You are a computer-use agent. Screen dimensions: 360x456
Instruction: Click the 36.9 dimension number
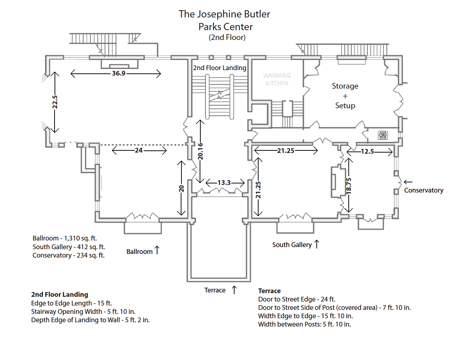(119, 73)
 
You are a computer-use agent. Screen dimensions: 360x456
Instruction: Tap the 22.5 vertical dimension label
(55, 102)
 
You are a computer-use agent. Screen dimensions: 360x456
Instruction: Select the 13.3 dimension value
(224, 183)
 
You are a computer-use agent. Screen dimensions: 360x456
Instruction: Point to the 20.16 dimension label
(200, 151)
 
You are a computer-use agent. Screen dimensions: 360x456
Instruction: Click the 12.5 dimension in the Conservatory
(367, 151)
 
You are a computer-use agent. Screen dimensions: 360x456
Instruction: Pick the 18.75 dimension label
(349, 185)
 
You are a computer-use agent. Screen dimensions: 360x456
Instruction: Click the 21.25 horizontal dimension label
(286, 150)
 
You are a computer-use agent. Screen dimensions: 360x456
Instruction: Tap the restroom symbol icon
(383, 135)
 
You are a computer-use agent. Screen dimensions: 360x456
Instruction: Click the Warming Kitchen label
(277, 79)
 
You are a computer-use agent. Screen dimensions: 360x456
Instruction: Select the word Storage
(345, 86)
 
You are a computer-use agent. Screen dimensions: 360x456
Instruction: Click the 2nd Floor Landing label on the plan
(220, 68)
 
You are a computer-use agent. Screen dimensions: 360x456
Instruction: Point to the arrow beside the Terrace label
(235, 290)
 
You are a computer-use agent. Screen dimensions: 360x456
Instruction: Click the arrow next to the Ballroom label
(157, 250)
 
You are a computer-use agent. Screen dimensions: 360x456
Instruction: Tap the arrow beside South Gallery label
(317, 244)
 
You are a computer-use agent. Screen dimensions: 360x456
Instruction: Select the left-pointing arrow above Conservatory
(408, 182)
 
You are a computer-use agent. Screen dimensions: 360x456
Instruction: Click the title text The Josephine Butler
(224, 14)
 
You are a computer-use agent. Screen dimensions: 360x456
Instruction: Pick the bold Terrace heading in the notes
(269, 291)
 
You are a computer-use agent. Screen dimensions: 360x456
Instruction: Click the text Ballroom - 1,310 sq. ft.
(65, 238)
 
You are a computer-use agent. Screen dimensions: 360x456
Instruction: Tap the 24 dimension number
(139, 150)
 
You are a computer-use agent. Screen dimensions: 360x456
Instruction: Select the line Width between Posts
(304, 324)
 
